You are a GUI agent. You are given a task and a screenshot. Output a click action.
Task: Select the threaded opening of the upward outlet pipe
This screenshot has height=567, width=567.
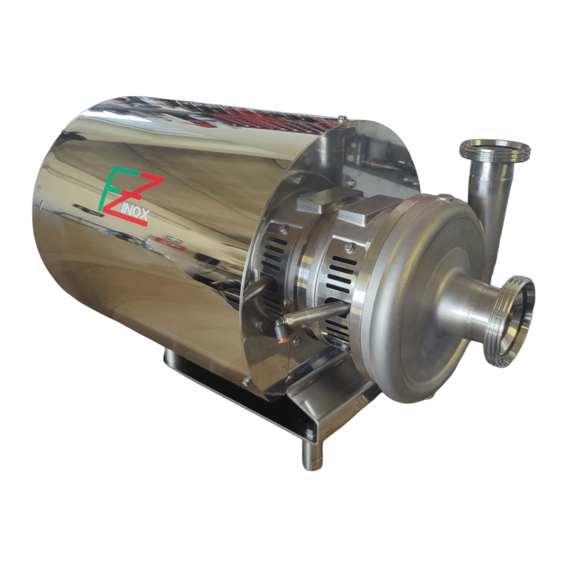point(495,149)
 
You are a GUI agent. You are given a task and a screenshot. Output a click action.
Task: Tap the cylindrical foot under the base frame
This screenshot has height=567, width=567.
point(312,453)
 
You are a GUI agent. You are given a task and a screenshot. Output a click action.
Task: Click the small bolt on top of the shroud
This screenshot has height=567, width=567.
point(341,118)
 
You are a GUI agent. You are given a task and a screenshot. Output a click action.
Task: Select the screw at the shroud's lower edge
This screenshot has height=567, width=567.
point(247,381)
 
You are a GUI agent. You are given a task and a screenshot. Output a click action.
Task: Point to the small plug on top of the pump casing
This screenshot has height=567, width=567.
point(445,197)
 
